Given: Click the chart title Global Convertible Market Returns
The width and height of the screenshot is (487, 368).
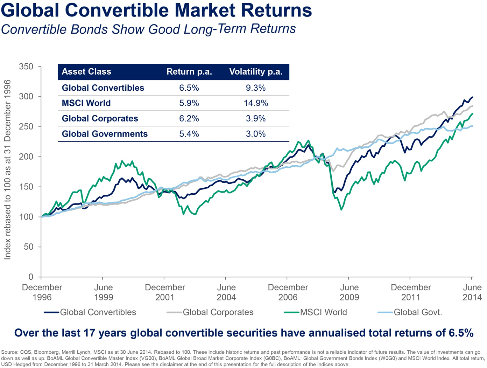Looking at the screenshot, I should [x=156, y=10].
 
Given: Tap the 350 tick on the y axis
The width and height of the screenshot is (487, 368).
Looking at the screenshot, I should [x=27, y=67].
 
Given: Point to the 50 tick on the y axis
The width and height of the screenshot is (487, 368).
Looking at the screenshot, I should [x=29, y=247].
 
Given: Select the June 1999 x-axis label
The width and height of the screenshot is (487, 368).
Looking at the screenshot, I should [x=104, y=292].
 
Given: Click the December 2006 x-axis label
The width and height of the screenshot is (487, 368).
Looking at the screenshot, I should [x=288, y=292].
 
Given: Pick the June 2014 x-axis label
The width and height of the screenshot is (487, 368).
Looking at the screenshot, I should [x=472, y=292].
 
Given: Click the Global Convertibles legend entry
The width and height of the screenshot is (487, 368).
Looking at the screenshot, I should [x=98, y=312].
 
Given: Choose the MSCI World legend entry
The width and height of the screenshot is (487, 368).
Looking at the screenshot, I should [x=323, y=312].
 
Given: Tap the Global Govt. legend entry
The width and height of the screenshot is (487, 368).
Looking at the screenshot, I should [x=418, y=312].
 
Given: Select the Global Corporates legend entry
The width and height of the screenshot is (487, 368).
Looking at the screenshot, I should [x=218, y=312].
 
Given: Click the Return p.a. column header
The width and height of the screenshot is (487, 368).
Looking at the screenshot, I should [x=189, y=72].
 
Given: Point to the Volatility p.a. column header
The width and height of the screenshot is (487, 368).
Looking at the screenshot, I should [x=256, y=72].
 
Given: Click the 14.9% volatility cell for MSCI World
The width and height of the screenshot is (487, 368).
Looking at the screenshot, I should [x=256, y=103].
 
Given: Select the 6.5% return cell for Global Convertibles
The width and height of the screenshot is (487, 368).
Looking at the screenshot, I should [x=189, y=88].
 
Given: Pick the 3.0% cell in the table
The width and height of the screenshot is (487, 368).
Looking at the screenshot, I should [x=256, y=134].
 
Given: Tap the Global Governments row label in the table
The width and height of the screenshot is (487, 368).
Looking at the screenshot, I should [x=105, y=134].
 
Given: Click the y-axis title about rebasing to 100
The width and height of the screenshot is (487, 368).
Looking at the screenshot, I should [x=8, y=170].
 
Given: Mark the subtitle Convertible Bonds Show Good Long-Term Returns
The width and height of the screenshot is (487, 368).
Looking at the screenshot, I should [x=148, y=29].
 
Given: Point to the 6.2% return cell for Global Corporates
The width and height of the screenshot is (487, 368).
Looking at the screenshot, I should [x=189, y=119].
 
